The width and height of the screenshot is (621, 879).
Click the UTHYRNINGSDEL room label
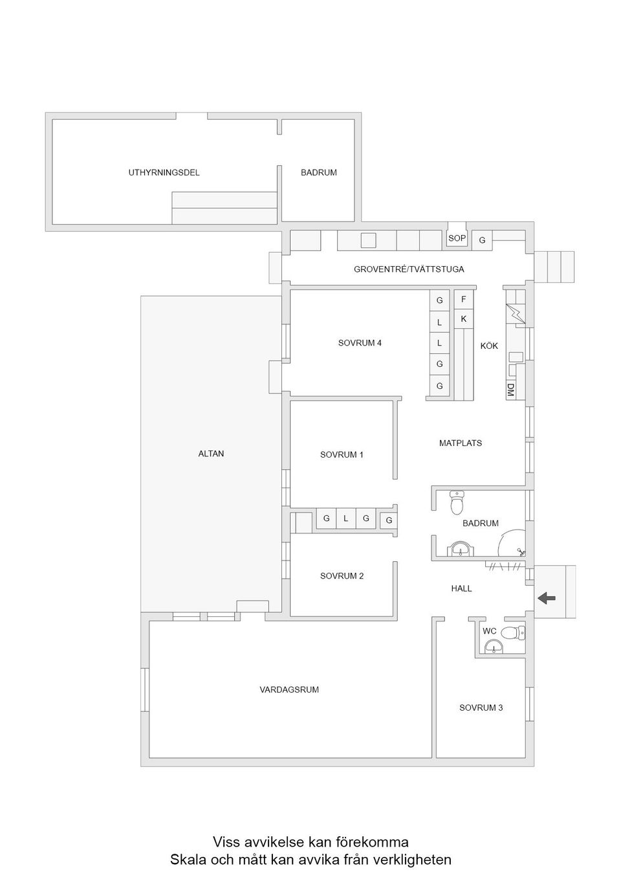pos(164,173)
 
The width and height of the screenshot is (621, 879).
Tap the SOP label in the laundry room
pos(457,238)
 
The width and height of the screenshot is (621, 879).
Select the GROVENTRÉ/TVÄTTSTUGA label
pos(409,269)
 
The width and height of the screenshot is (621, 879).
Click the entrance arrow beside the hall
pos(547,599)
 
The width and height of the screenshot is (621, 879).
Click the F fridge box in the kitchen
pos(463,300)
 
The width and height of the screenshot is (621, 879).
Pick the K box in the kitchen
pos(463,319)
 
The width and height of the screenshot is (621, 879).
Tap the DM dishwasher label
pos(510,390)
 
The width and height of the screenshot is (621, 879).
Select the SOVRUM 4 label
pos(360,343)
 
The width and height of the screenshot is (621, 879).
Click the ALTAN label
pos(211,454)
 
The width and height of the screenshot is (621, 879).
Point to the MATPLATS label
pos(461,443)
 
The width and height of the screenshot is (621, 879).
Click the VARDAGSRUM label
pos(289,689)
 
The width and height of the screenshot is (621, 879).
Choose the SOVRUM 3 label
pos(481,707)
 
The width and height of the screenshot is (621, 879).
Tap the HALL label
pos(461,588)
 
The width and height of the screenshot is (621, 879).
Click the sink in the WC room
pos(493,646)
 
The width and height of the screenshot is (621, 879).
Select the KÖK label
pos(489,346)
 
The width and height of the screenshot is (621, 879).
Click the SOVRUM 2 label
pos(342,575)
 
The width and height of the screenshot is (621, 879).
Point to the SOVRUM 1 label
pos(342,455)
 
